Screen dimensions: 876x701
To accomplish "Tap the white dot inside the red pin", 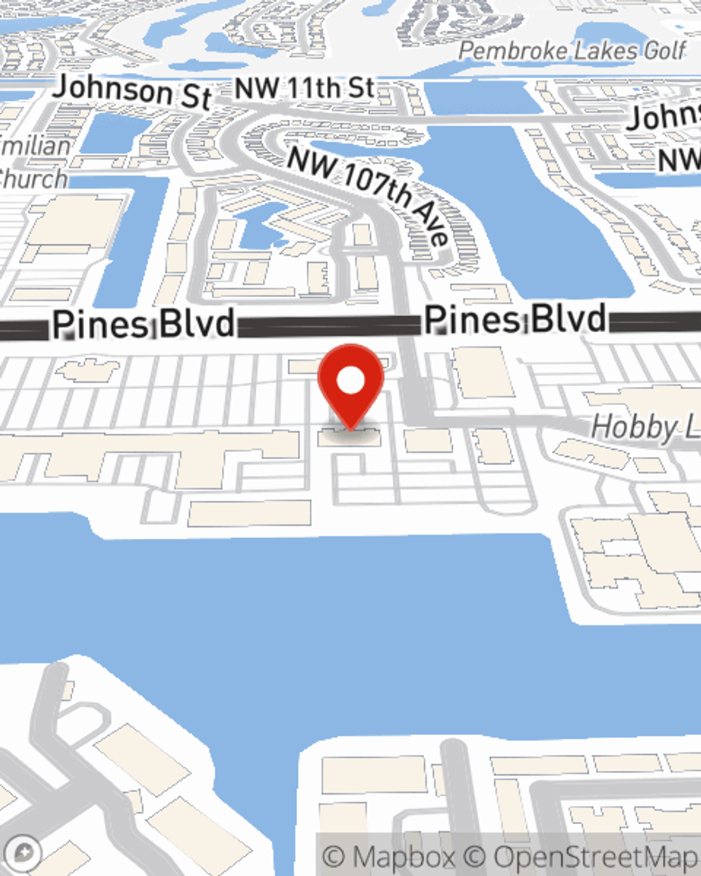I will pos(350,381).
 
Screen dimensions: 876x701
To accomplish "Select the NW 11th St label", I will pos(304,89).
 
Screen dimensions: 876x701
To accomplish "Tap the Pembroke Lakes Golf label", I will pos(572,51).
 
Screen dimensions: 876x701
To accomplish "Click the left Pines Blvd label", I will pos(144,324).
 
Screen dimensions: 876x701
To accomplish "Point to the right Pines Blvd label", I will pos(515,320).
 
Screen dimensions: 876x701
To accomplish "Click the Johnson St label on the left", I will pos(132,92).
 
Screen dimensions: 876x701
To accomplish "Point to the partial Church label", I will pos(33,179).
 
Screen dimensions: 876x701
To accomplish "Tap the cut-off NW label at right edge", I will pos(679,160).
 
